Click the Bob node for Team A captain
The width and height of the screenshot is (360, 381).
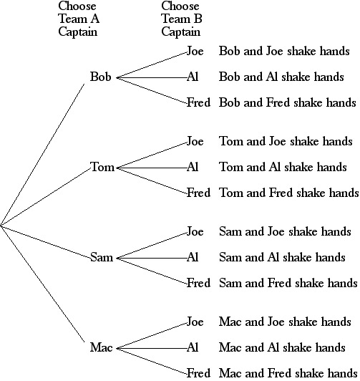pos(100,77)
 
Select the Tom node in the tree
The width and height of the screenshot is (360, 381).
pos(102,167)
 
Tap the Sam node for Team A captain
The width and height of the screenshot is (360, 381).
pos(102,257)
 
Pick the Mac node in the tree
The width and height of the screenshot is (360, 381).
pos(101,347)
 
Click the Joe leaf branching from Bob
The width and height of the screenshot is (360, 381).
pos(195,51)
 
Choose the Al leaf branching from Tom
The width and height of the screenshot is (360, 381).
pos(193,167)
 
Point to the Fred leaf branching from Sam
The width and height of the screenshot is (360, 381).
pos(198,283)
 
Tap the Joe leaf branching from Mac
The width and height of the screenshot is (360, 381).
pos(195,322)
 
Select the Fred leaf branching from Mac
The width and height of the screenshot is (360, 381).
pos(198,373)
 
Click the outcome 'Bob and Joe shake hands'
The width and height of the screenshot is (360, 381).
pos(284,51)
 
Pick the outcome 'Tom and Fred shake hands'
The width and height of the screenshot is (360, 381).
pos(289,193)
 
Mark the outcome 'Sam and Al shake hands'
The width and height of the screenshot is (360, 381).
pos(282,257)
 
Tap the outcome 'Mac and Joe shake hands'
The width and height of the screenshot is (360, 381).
pos(285,322)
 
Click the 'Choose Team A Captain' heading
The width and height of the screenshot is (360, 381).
pos(79,19)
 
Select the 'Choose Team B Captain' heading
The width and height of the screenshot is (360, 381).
pos(182,19)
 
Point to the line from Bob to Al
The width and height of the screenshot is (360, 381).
pos(152,78)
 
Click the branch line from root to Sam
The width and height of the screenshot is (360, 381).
pos(45,241)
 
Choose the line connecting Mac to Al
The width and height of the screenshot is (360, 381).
pos(152,349)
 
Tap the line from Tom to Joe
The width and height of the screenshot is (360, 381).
pos(152,155)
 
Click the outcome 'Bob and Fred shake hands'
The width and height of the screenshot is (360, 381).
pos(288,102)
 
